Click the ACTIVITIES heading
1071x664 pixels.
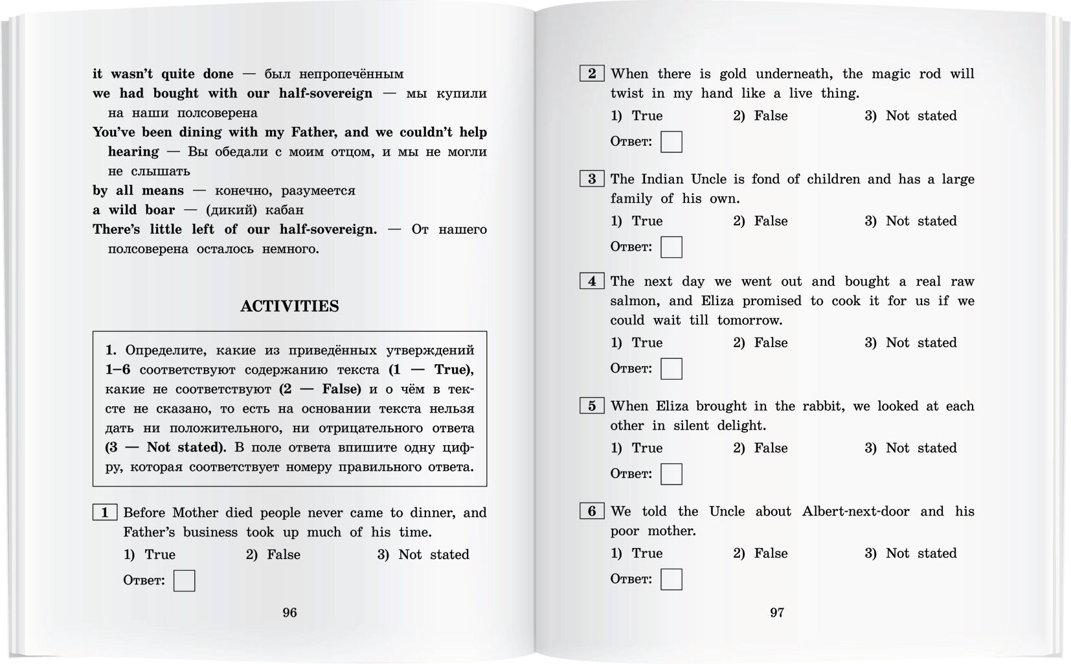[289, 306]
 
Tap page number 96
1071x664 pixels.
[289, 612]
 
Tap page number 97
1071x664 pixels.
[777, 612]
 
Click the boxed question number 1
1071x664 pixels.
[104, 513]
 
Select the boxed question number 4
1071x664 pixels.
[592, 281]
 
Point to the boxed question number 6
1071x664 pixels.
[592, 511]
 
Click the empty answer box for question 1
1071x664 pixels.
[185, 580]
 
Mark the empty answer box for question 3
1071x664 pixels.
[671, 247]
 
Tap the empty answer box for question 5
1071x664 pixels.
[671, 474]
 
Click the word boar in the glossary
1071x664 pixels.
[160, 210]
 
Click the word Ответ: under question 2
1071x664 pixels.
[631, 141]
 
